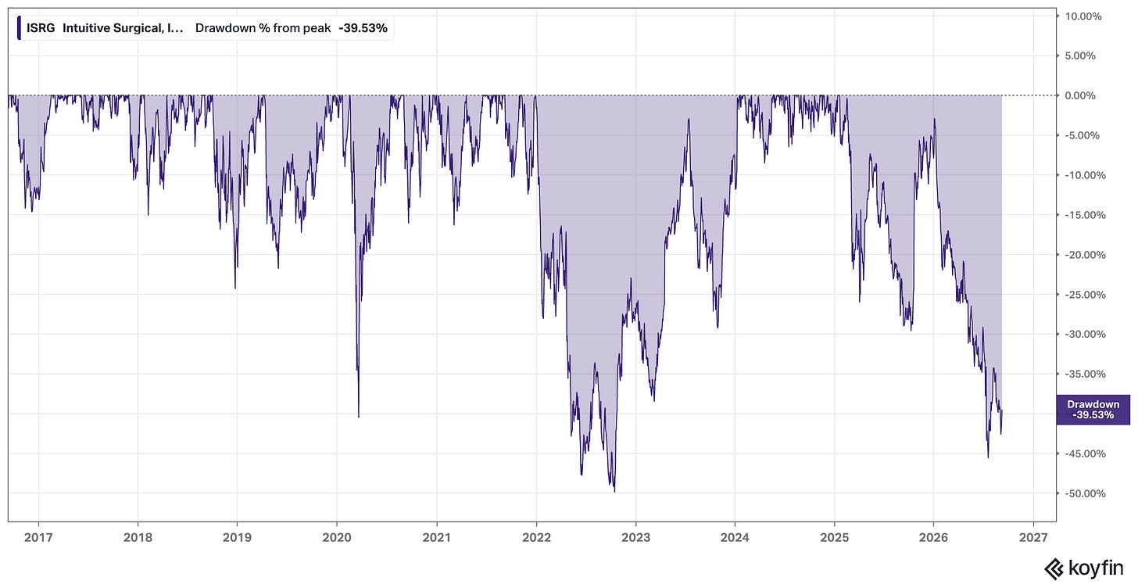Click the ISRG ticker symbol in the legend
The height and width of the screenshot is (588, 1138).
point(41,28)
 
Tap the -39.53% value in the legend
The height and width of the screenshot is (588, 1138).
point(363,28)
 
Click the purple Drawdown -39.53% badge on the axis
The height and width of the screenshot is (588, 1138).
point(1093,409)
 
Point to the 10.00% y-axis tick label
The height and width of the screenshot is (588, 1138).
point(1083,16)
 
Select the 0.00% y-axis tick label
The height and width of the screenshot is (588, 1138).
point(1080,95)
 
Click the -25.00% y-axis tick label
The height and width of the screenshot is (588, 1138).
point(1085,295)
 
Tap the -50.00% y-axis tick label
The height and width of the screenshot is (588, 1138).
point(1085,493)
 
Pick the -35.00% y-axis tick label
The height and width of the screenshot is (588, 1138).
point(1085,374)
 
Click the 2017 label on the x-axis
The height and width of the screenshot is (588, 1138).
point(38,537)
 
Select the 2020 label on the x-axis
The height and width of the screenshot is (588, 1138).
point(337,537)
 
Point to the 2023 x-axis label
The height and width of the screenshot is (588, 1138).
point(636,537)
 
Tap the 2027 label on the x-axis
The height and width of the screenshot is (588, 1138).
point(1033,537)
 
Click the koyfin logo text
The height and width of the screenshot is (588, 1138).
point(1096,568)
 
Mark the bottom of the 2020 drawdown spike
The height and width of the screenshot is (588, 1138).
point(359,418)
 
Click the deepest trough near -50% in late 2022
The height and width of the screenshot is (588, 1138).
point(614,491)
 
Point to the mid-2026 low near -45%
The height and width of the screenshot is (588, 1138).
point(988,457)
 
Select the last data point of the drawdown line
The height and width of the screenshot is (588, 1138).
point(1002,411)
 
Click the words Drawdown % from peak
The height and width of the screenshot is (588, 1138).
point(263,28)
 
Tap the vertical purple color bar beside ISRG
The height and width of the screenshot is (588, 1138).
point(19,28)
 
